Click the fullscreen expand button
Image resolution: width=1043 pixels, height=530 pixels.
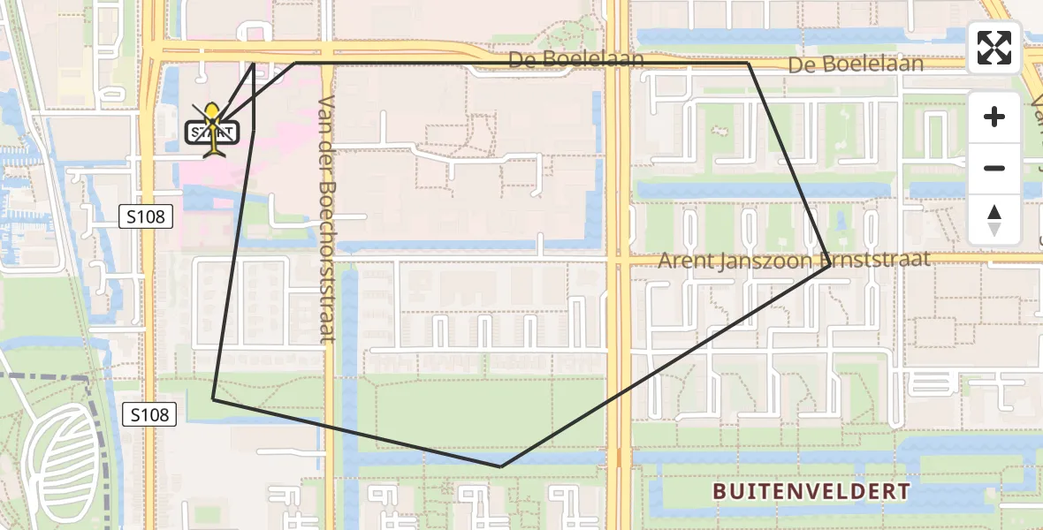[x=994, y=48]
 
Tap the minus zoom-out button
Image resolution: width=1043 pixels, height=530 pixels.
[x=994, y=169]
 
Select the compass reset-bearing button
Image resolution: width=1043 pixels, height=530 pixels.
[x=994, y=220]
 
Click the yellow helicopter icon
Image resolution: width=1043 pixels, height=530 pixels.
[x=212, y=125]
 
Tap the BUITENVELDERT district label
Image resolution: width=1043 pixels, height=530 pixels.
[x=811, y=490]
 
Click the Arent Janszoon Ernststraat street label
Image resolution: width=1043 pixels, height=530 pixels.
[x=794, y=259]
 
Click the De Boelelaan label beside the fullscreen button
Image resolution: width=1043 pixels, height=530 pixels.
[x=855, y=64]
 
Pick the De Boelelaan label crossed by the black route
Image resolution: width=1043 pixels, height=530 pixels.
[x=575, y=60]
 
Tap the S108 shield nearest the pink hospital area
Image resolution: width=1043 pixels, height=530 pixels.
[x=146, y=216]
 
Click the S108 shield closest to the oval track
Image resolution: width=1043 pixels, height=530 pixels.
[x=148, y=413]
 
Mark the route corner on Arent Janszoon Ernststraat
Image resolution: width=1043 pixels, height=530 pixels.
[x=828, y=266]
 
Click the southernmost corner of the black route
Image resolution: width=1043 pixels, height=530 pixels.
[x=500, y=466]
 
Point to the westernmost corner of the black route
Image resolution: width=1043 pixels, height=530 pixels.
[x=213, y=399]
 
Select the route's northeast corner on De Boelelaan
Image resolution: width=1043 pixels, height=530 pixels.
[x=749, y=64]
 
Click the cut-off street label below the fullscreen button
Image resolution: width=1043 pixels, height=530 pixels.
[x=1035, y=110]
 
